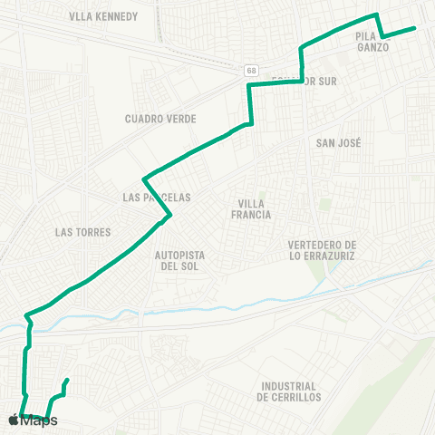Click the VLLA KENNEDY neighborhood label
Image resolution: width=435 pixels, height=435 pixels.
(103, 16)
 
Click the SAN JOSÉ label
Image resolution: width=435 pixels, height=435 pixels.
(339, 143)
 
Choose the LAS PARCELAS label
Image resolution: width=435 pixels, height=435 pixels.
(156, 197)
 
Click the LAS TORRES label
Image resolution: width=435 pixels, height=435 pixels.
(82, 232)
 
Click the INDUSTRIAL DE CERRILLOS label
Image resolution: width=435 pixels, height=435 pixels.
(289, 391)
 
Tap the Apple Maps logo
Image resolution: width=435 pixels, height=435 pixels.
(33, 420)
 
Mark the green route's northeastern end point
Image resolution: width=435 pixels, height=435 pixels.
(415, 28)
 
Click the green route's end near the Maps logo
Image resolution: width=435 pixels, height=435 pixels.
(67, 380)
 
